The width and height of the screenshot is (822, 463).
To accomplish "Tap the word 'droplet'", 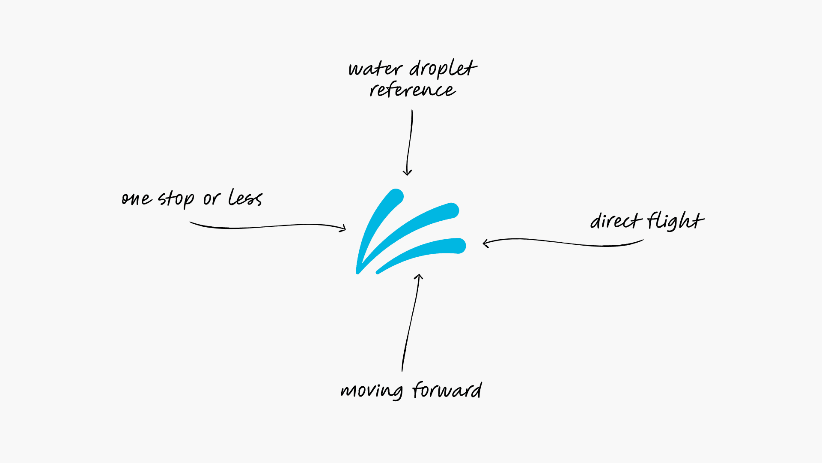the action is [x=443, y=69].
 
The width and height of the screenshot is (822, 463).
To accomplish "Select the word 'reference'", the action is [x=413, y=90].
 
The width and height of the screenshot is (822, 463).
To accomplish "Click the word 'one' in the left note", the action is [x=137, y=199].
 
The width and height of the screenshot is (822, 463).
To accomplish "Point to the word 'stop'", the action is [x=176, y=199].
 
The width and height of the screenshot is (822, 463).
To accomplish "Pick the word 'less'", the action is [x=245, y=198].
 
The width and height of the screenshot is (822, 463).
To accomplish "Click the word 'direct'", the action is [x=616, y=221].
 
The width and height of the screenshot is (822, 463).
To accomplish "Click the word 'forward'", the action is [x=447, y=390].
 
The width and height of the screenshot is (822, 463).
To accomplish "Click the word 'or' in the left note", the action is [x=211, y=199].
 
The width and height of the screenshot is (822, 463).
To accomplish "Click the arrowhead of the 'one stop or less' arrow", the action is [x=344, y=228].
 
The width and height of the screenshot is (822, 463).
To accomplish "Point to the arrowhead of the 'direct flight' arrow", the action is [x=485, y=244].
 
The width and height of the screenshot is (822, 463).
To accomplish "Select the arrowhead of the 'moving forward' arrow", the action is [x=419, y=277].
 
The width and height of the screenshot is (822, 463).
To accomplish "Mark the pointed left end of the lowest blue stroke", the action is [x=378, y=272].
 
